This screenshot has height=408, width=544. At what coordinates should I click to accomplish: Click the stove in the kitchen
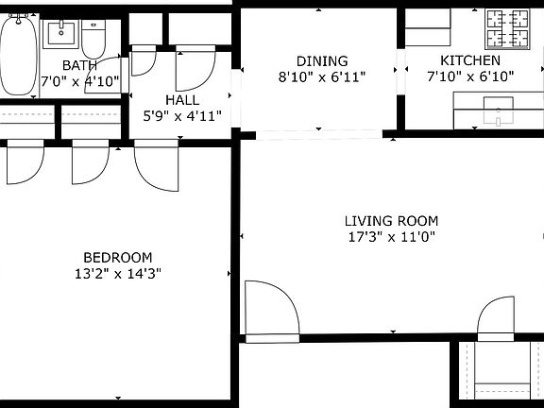510,29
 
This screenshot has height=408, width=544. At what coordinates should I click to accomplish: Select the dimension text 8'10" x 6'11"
321,76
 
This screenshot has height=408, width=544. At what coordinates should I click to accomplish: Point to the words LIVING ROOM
390,221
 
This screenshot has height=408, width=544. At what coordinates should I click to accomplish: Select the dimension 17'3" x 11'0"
390,237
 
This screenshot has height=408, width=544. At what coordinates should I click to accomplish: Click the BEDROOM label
117,257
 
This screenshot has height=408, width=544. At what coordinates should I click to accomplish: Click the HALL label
181,100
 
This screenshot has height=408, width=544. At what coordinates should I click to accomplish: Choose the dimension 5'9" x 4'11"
181,116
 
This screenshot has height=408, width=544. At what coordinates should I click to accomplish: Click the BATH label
79,65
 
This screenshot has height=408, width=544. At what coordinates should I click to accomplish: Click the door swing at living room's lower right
497,319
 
